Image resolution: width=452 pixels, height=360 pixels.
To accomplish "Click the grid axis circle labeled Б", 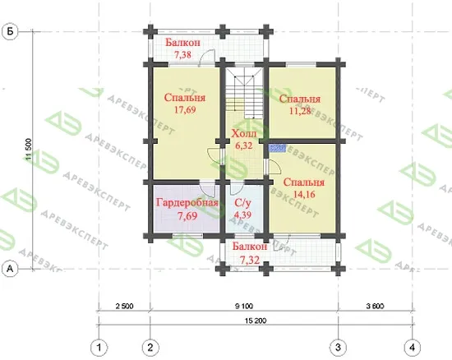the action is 10,31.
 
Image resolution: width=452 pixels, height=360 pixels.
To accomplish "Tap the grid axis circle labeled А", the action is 10,269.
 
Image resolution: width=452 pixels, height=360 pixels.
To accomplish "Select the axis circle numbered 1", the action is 99,348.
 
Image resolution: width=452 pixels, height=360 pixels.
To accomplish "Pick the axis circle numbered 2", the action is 150,348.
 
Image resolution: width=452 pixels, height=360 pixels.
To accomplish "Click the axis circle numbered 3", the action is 338,348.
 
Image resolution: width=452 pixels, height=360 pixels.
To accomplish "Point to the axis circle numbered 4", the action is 413,348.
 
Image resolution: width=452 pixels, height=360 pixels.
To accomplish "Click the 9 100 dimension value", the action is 244,306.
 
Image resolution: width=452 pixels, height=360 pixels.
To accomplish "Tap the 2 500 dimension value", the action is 125,306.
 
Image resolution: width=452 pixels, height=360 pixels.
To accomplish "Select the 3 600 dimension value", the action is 375,306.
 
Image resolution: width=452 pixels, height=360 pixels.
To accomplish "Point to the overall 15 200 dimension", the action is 256,321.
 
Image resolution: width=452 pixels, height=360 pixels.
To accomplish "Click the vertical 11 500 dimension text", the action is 28,150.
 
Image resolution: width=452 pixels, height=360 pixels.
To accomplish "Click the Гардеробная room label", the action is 187,203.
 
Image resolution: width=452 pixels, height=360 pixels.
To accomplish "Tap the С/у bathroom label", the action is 242,203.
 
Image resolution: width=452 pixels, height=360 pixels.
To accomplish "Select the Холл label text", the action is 244,134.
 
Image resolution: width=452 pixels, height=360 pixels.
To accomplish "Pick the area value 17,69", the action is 185,110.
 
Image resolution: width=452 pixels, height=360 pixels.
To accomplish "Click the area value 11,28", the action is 300,111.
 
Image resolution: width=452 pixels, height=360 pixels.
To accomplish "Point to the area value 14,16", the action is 304,195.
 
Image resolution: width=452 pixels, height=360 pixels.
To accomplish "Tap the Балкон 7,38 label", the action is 182,48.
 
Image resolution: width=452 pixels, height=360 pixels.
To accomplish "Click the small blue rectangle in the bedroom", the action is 277,148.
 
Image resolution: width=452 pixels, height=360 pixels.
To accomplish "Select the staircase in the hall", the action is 244,93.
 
